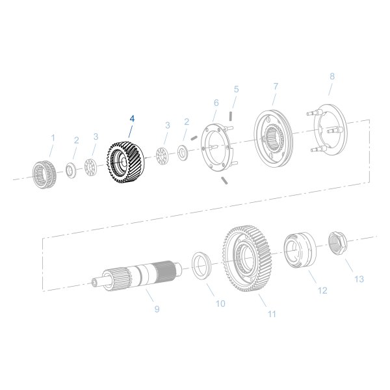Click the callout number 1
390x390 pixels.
pyautogui.click(x=53, y=138)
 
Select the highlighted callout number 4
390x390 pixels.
pyautogui.click(x=132, y=119)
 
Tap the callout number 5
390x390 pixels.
pyautogui.click(x=236, y=89)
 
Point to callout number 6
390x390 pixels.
pyautogui.click(x=216, y=102)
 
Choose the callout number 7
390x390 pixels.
pyautogui.click(x=276, y=86)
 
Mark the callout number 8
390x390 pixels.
pyautogui.click(x=332, y=77)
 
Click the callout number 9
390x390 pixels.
pyautogui.click(x=157, y=309)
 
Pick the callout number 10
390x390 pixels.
pyautogui.click(x=220, y=303)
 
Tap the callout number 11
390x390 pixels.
pyautogui.click(x=272, y=314)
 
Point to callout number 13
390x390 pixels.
pyautogui.click(x=359, y=279)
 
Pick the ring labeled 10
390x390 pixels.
pyautogui.click(x=203, y=265)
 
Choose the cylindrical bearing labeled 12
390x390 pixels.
pyautogui.click(x=299, y=250)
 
